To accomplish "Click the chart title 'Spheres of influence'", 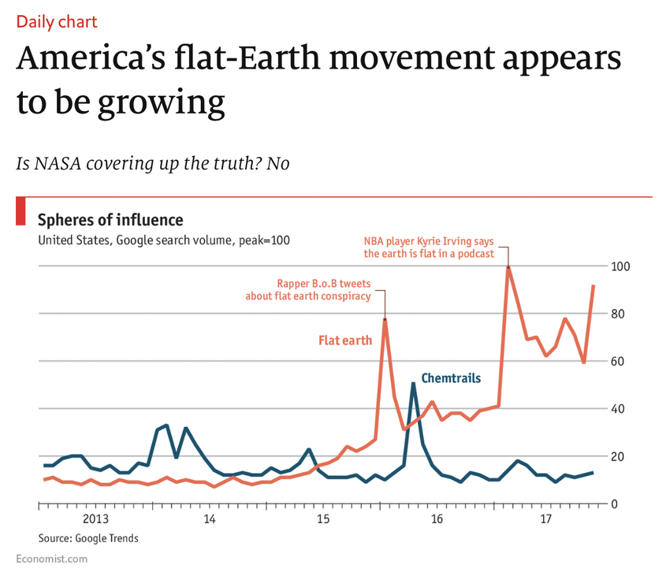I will coord(110,220).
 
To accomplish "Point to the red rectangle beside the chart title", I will coord(21,212).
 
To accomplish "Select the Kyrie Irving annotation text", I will coord(429,247).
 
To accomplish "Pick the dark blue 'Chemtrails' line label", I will coord(451,378).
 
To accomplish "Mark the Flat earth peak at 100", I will coord(508,267).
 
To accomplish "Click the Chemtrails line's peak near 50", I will coord(413,384).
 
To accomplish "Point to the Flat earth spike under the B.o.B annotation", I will coord(385,319).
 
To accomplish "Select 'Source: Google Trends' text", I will coord(88,538).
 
